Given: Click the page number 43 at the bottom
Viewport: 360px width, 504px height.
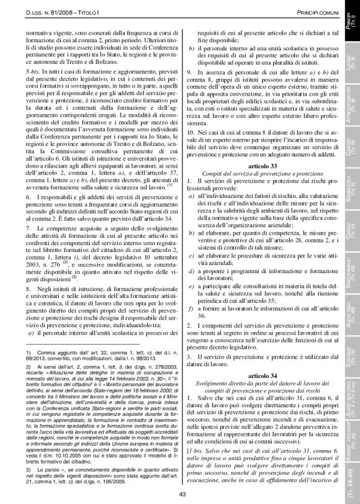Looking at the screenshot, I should point(182,494).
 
